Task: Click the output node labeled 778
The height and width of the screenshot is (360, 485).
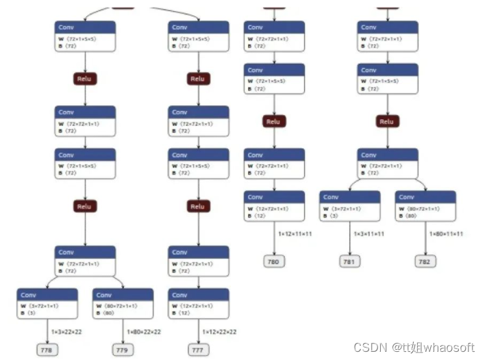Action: point(47,350)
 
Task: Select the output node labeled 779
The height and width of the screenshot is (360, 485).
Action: point(123,350)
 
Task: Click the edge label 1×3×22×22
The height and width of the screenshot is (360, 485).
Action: point(66,331)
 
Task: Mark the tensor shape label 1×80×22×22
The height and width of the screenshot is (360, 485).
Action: point(144,331)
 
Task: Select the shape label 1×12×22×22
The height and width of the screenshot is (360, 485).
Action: point(219,331)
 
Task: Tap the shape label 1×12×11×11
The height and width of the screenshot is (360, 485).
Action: point(295,234)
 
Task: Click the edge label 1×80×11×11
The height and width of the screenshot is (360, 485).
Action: point(446,234)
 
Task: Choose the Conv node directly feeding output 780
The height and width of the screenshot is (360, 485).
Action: point(274,206)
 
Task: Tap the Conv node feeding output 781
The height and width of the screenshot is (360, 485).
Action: point(349,206)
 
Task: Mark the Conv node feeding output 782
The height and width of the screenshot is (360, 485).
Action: point(425,206)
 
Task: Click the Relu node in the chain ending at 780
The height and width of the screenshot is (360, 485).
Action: point(273,122)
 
